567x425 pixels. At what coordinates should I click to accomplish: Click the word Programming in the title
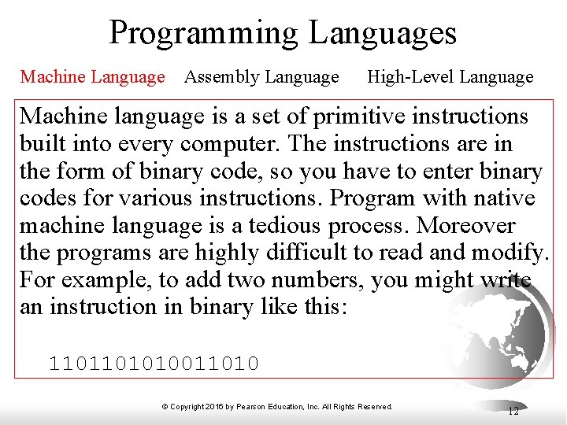tap(204, 34)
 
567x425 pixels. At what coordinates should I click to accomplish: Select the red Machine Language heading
tap(92, 77)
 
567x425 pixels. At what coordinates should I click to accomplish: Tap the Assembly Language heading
tap(261, 77)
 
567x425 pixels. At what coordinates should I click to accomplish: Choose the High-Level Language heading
tap(450, 77)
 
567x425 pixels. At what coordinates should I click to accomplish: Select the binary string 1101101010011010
tap(154, 363)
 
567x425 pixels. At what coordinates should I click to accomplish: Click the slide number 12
tap(513, 411)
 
